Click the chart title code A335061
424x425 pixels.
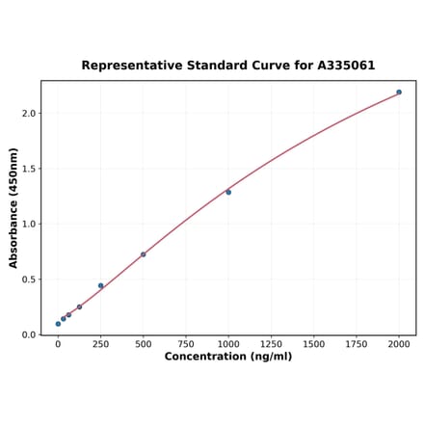[x=341, y=66]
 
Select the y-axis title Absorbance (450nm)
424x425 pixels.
[x=13, y=207]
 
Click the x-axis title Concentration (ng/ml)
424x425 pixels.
[x=227, y=357]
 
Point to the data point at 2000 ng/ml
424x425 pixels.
[x=399, y=93]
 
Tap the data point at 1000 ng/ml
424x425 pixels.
[x=228, y=192]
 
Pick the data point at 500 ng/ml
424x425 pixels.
[x=144, y=254]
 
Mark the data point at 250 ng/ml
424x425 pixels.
[x=100, y=285]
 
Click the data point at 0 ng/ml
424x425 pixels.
[x=58, y=324]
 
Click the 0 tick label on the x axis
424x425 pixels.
[x=58, y=343]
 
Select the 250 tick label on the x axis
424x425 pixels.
[x=100, y=343]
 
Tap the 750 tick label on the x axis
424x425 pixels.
[x=186, y=343]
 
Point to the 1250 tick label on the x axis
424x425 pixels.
[x=271, y=343]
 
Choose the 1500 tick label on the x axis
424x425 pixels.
[x=313, y=343]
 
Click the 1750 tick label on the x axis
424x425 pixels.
[x=357, y=343]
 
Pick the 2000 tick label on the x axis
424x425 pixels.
[x=399, y=343]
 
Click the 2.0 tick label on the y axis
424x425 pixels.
[x=28, y=114]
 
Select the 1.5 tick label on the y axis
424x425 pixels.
[x=28, y=169]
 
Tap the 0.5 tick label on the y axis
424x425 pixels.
[x=28, y=279]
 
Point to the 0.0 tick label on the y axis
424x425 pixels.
[x=28, y=335]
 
